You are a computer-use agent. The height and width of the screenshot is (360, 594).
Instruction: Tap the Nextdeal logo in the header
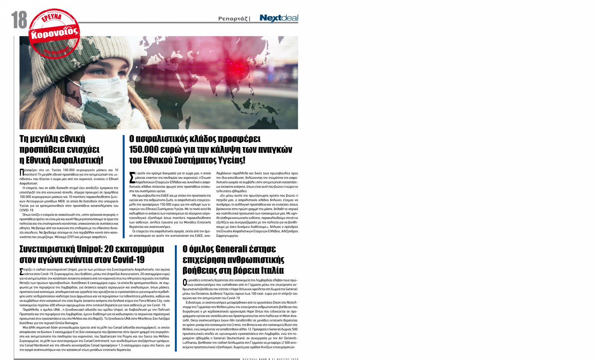278,18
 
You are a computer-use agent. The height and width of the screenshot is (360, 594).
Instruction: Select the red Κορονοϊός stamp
55,33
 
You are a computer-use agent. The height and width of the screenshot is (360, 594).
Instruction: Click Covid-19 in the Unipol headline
128,259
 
